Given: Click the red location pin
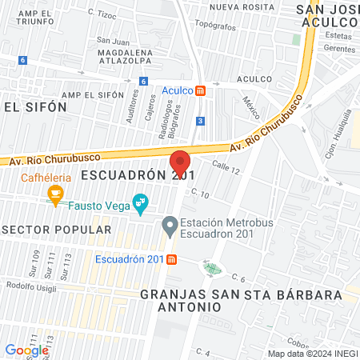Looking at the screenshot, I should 180,164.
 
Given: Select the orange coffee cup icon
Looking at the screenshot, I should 55,194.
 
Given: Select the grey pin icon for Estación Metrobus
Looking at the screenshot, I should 169,226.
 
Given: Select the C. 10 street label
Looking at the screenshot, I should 200,194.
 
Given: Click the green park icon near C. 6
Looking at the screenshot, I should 211,266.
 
